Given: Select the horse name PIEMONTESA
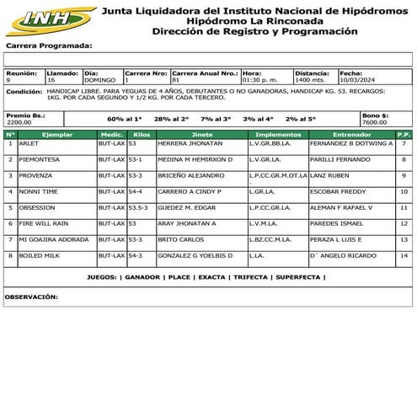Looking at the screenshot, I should pos(39,159).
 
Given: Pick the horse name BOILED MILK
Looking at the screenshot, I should pos(38,254).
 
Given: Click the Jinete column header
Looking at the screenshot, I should pos(202,135).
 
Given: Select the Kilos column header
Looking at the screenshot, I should pos(142,135).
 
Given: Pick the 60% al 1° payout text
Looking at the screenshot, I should pos(125,119).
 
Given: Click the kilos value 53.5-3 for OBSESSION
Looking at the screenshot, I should pos(138,207).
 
